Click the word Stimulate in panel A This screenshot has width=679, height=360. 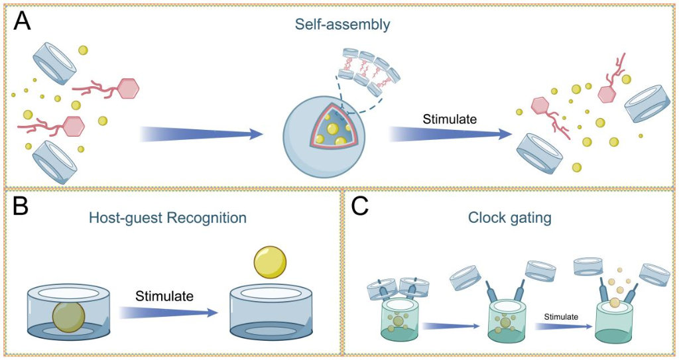[450, 120]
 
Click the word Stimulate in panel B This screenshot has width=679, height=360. [164, 296]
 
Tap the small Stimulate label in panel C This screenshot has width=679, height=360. [561, 317]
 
